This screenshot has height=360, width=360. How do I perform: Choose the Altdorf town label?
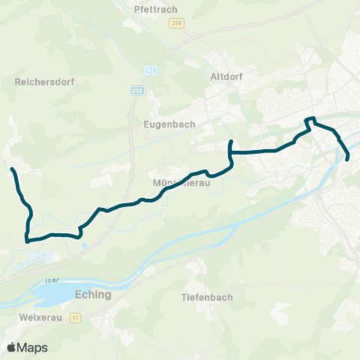[226, 76]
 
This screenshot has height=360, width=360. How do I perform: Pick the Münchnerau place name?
[179, 182]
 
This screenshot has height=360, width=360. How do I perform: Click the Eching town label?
[94, 295]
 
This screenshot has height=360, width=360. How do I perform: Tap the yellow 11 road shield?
[75, 318]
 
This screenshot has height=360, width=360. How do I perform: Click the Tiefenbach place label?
[207, 297]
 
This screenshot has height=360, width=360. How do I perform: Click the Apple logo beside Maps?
[11, 347]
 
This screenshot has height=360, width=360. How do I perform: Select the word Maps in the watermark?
[32, 347]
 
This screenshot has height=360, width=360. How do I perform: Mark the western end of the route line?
[12, 171]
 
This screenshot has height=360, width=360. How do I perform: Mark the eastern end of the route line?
[349, 157]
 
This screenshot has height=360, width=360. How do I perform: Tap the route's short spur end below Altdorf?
[231, 142]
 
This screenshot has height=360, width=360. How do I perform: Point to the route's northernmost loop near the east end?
[310, 118]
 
